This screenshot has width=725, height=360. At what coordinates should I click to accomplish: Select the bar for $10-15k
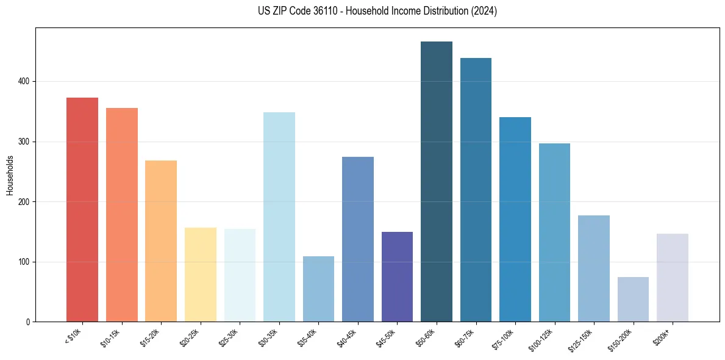click(122, 215)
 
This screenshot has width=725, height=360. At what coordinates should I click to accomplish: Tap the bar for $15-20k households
click(161, 241)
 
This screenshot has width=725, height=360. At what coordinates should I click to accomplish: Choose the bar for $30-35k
click(279, 217)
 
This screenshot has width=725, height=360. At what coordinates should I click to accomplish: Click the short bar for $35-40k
click(318, 289)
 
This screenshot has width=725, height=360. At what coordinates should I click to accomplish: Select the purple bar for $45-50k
click(397, 276)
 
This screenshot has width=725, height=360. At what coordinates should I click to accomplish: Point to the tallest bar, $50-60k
click(437, 181)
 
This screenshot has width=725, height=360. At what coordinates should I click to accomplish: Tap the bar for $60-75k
click(476, 190)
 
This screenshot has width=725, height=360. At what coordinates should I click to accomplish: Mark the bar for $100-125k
click(554, 232)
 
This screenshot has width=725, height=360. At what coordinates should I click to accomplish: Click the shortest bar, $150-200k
click(633, 299)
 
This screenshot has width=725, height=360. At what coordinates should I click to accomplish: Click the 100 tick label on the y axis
click(23, 262)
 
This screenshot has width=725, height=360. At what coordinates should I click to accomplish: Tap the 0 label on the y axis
click(27, 322)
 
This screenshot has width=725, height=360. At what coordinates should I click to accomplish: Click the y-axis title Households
click(10, 175)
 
